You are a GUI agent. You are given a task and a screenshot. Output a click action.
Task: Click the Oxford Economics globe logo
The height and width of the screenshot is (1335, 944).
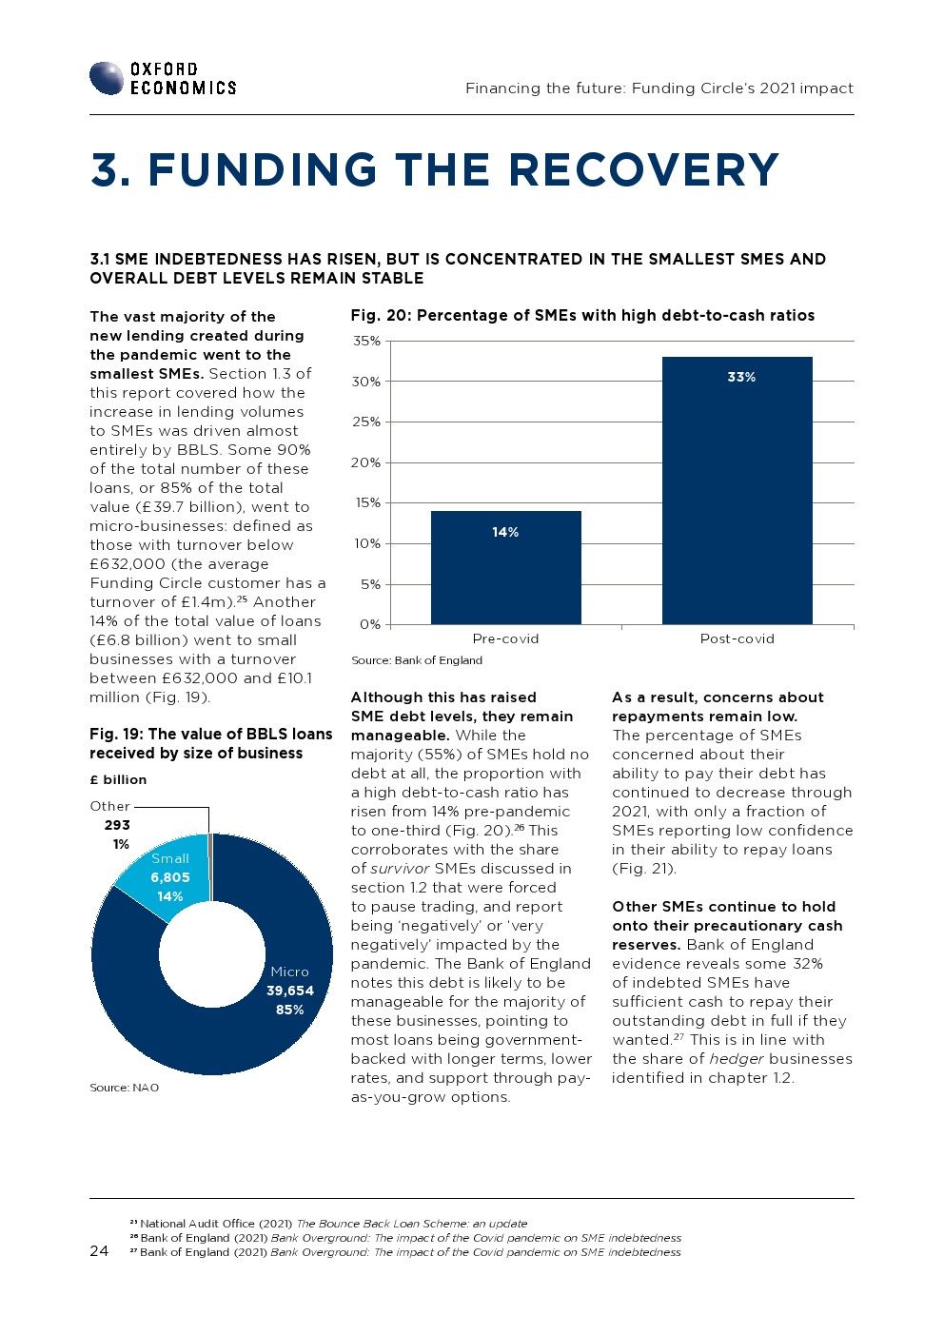tap(107, 78)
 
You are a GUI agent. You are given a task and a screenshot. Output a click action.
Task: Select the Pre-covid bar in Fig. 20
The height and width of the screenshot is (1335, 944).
tap(505, 567)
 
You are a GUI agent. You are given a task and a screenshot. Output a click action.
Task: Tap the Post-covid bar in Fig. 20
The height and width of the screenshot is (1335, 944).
tap(737, 490)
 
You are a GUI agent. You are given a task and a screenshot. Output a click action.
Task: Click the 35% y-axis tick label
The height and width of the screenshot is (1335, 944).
tap(366, 341)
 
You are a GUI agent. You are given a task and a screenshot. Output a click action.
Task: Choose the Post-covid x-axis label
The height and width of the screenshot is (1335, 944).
tap(737, 638)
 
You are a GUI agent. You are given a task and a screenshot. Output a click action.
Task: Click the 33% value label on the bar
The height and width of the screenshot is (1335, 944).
tap(741, 377)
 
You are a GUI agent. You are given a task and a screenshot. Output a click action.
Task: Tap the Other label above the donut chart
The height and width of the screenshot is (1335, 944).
tap(109, 806)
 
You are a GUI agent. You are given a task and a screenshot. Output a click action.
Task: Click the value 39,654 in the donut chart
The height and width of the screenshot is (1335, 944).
tap(290, 991)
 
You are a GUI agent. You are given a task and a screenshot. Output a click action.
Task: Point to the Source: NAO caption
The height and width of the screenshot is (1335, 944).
tap(124, 1088)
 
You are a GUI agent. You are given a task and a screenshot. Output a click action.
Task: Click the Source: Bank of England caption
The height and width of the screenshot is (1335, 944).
tap(417, 660)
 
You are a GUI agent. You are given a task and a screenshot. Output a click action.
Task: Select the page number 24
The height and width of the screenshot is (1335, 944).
tap(99, 1251)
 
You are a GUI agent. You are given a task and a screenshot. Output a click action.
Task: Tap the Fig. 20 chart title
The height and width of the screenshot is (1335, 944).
tap(582, 315)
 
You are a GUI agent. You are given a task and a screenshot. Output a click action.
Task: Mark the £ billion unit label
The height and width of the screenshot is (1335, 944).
tap(118, 779)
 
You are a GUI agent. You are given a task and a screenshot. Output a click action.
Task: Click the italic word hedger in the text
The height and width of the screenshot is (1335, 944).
tap(736, 1059)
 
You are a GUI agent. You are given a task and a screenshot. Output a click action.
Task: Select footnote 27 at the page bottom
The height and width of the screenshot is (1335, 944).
tap(405, 1252)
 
